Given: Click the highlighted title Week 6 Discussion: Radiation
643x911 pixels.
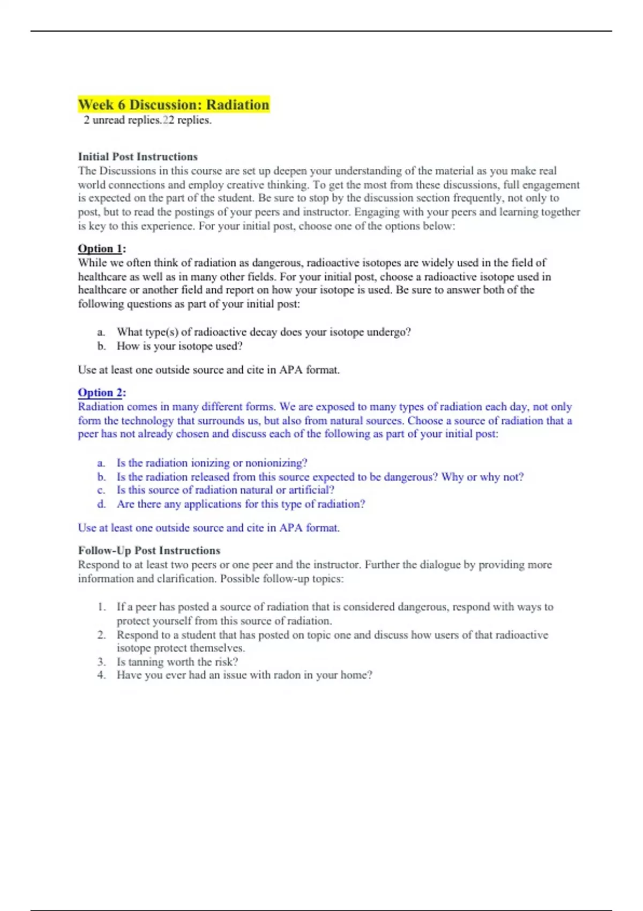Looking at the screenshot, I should [174, 104].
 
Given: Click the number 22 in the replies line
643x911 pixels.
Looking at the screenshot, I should [168, 120].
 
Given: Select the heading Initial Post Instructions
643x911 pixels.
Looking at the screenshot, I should [138, 156].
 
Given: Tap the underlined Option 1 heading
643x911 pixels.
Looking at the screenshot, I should [101, 249].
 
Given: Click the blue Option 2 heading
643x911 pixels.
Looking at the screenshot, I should [101, 392].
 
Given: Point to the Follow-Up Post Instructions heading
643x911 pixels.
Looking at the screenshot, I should [149, 550].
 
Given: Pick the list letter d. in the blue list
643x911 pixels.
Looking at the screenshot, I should [101, 504].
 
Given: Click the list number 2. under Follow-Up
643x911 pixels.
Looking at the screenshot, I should [101, 635].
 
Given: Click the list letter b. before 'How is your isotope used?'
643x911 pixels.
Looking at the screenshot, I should [101, 346].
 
